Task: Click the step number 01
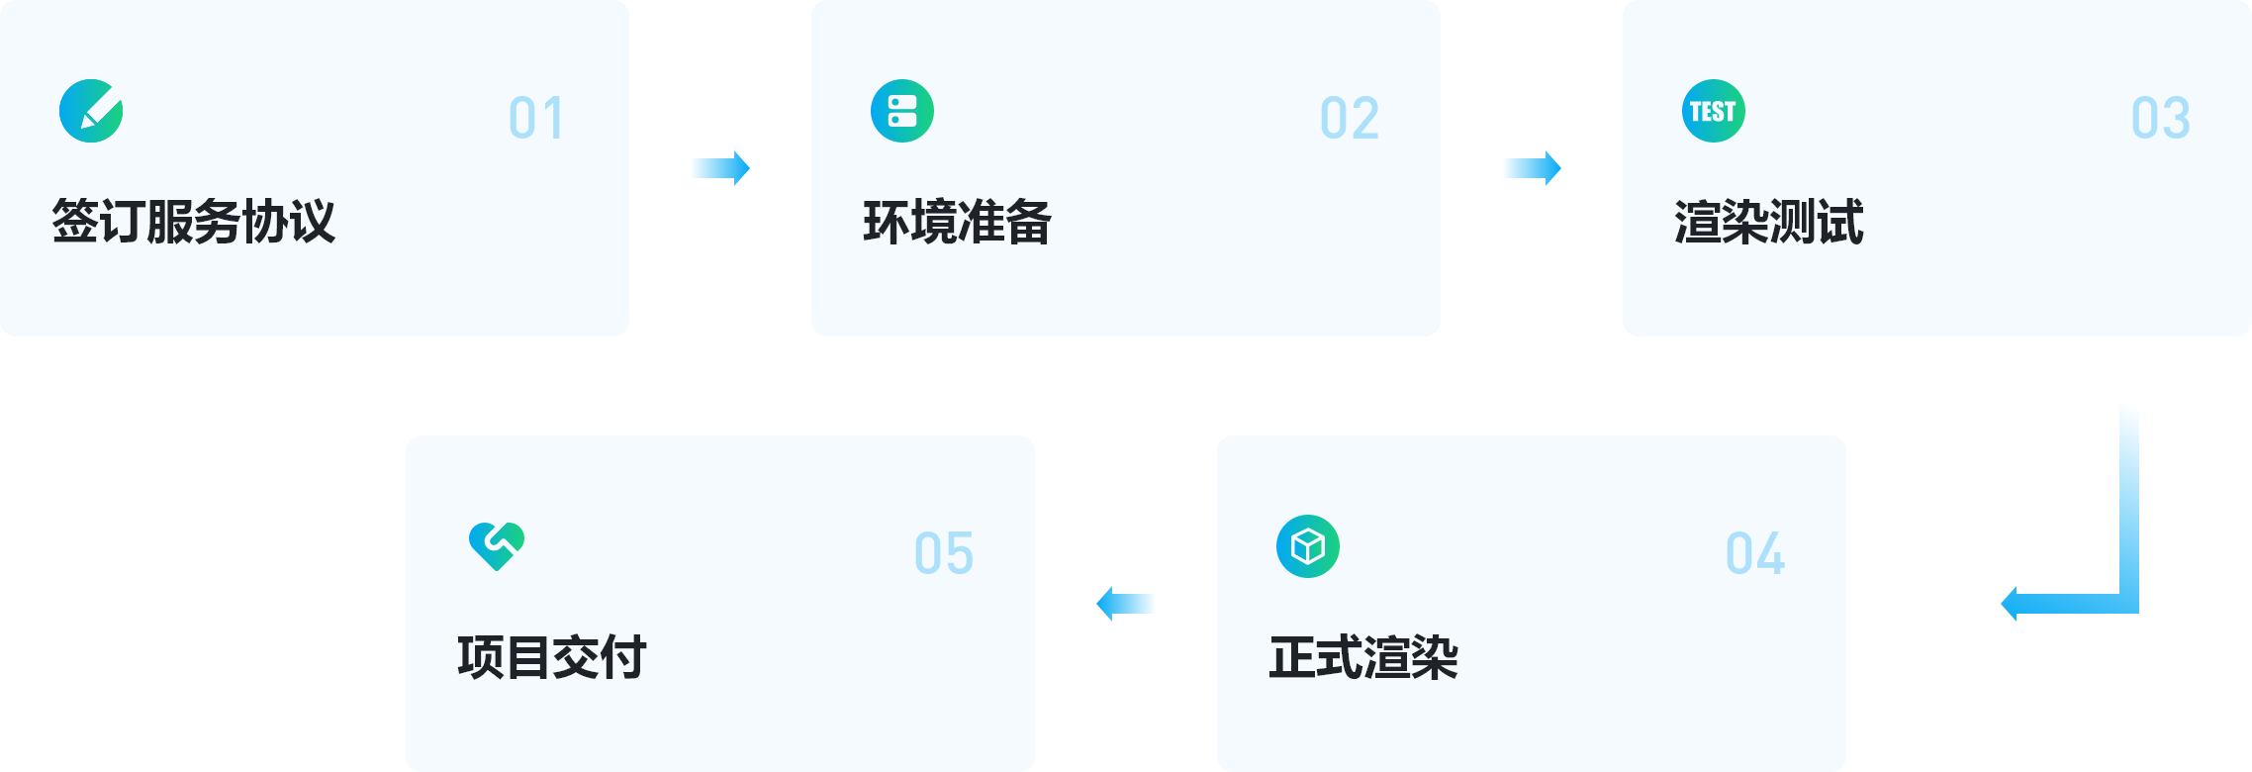(x=536, y=119)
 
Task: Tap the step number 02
(x=1350, y=119)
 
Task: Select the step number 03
(x=2161, y=119)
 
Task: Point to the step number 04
(x=1755, y=553)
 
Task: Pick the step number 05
(x=944, y=553)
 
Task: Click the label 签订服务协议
(x=194, y=221)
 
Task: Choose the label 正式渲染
(x=1363, y=657)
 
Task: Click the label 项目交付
(x=551, y=657)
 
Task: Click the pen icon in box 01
(x=91, y=111)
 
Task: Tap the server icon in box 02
(x=902, y=111)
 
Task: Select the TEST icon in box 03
(x=1714, y=111)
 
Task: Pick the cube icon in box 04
(x=1308, y=546)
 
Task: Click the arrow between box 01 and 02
(x=720, y=168)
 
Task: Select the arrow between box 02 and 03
(x=1532, y=168)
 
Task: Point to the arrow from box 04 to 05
(x=1126, y=604)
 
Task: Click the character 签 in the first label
(x=74, y=221)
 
